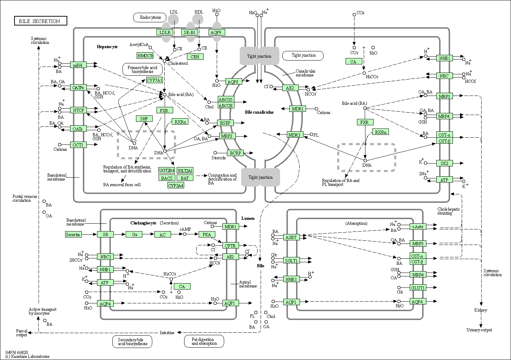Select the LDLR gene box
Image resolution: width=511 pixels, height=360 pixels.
[x=165, y=32]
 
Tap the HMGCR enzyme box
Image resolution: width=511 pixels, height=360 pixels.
[x=145, y=56]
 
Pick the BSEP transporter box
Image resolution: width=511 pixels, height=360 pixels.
[x=225, y=123]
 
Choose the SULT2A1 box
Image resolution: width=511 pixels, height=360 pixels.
[x=185, y=171]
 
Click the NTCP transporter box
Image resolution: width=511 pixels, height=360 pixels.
[x=78, y=110]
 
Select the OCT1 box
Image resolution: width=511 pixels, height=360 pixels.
[x=78, y=145]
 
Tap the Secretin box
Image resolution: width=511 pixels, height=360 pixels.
[x=73, y=234]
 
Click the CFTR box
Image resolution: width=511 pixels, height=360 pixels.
[x=230, y=245]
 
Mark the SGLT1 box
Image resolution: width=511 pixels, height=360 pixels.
[x=291, y=261]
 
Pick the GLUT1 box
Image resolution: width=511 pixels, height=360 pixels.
[x=418, y=288]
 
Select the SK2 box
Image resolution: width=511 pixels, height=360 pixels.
[x=444, y=163]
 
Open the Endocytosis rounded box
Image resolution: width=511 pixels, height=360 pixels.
[x=150, y=17]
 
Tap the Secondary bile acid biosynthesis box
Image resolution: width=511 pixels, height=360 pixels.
[x=132, y=341]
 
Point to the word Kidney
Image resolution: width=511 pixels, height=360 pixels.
[x=481, y=310]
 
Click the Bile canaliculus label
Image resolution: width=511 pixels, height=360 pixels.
[x=259, y=112]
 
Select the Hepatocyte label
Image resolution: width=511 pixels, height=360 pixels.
[x=107, y=47]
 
